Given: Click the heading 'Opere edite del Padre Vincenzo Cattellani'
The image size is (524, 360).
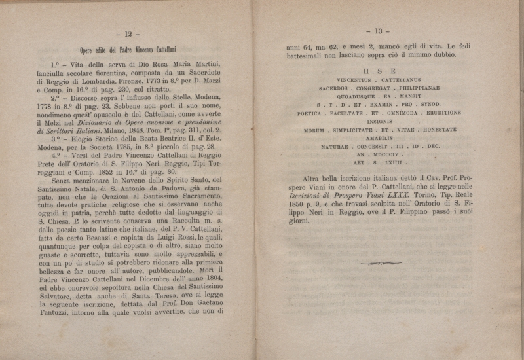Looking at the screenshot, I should (123, 48).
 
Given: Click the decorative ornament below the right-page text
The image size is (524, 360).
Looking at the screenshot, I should (381, 263).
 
